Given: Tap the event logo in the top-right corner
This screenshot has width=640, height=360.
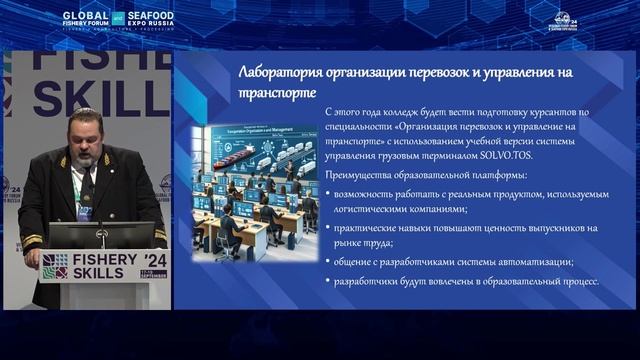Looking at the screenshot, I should click(566, 20).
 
